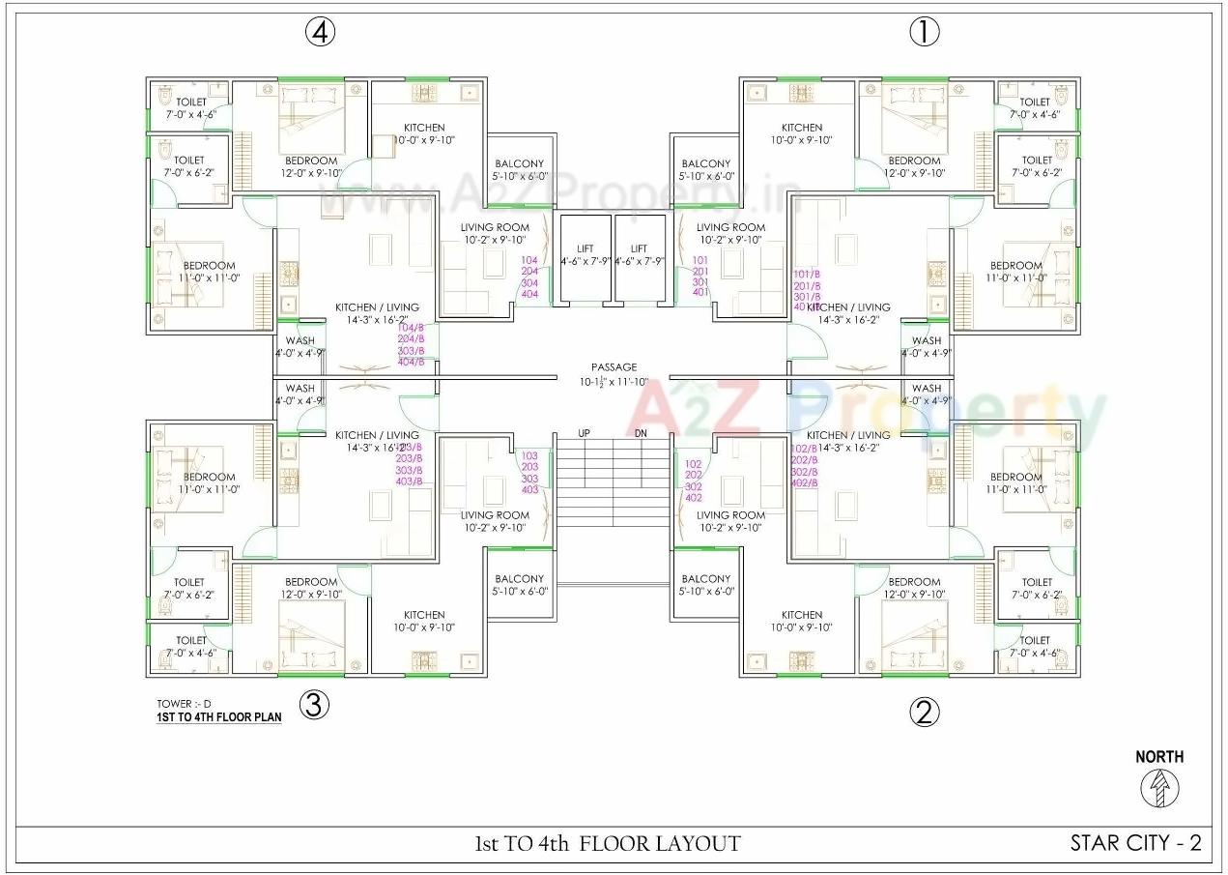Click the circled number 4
[321, 32]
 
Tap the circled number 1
[924, 32]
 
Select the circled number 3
[313, 705]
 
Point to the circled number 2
[924, 713]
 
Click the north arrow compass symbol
[1157, 790]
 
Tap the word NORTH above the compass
[1158, 757]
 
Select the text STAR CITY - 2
[1135, 843]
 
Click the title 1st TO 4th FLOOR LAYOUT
[608, 843]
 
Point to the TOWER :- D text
[184, 703]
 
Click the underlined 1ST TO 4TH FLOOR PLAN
[219, 717]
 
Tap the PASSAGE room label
[614, 367]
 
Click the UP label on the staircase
[585, 433]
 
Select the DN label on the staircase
[641, 433]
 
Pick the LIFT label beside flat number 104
[585, 248]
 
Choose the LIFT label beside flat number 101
[640, 248]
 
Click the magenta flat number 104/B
[411, 329]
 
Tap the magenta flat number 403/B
[410, 481]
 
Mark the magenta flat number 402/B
[805, 482]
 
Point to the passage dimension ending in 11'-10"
[614, 382]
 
